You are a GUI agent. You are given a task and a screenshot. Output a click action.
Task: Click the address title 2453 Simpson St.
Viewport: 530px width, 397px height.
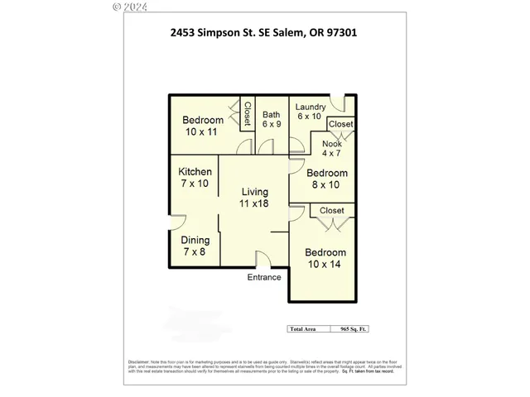[263, 33]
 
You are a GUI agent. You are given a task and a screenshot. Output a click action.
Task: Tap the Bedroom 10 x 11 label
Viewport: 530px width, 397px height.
[203, 126]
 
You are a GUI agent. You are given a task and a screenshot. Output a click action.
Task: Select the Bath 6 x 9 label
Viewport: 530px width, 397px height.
[272, 119]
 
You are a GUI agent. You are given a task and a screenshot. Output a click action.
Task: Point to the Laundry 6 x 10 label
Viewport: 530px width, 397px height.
[310, 112]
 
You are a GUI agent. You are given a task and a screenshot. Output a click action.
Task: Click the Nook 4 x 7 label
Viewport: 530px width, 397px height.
[331, 148]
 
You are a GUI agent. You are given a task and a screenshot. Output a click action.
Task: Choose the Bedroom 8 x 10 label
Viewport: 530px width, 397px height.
[326, 179]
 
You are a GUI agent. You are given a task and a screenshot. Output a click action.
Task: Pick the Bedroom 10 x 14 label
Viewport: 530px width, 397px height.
[325, 258]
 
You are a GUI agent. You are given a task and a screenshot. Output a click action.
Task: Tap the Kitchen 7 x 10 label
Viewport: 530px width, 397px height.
[195, 178]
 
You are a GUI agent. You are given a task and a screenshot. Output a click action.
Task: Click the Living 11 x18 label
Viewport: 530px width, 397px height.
[254, 197]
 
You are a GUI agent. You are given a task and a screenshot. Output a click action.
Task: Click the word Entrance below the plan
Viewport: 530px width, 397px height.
[264, 277]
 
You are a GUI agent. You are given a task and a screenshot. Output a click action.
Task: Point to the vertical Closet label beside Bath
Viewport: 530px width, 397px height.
[247, 113]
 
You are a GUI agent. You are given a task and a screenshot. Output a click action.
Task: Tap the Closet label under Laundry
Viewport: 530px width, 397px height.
[340, 124]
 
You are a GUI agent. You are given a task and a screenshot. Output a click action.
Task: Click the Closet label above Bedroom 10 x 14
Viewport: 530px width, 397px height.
[331, 211]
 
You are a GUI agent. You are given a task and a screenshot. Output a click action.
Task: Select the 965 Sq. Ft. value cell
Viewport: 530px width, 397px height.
[349, 328]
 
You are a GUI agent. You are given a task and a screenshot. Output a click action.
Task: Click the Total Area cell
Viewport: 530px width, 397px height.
[302, 328]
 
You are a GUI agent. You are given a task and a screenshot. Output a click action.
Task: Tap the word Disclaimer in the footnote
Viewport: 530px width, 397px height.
[138, 361]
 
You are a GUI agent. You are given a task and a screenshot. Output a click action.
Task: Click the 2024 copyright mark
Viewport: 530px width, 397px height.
[129, 6]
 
